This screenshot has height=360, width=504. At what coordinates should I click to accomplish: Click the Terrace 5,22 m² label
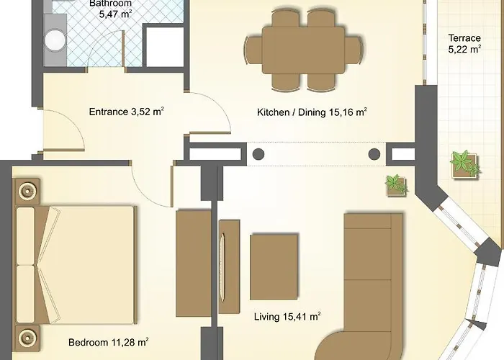[x=464, y=43]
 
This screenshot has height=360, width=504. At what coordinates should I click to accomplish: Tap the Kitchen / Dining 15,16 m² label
[x=312, y=112]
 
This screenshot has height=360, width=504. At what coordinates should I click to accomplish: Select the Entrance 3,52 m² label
[x=126, y=112]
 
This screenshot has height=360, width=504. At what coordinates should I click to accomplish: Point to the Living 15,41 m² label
[x=287, y=317]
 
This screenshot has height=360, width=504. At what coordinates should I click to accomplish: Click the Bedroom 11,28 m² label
[x=108, y=342]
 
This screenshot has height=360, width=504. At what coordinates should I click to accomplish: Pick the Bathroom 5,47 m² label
[x=111, y=9]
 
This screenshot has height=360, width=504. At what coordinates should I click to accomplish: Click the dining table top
[x=303, y=50]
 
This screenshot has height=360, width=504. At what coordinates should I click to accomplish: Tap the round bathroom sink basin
[x=55, y=40]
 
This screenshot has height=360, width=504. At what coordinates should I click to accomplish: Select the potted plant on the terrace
[x=465, y=164]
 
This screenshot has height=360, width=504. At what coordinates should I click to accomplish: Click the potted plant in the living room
[x=397, y=185]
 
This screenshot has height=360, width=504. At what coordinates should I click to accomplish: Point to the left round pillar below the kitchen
[x=258, y=154]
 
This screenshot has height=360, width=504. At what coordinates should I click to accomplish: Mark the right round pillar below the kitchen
[x=374, y=154]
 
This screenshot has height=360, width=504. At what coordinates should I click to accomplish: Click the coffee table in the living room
[x=274, y=267]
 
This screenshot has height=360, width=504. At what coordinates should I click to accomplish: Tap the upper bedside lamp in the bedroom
[x=27, y=192]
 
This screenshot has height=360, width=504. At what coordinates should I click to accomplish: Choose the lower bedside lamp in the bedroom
[x=27, y=338]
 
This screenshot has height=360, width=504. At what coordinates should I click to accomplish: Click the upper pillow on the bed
[x=26, y=235]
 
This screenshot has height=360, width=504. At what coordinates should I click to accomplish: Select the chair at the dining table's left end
[x=254, y=50]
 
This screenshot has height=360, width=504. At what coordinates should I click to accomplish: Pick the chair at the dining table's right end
[x=354, y=50]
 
